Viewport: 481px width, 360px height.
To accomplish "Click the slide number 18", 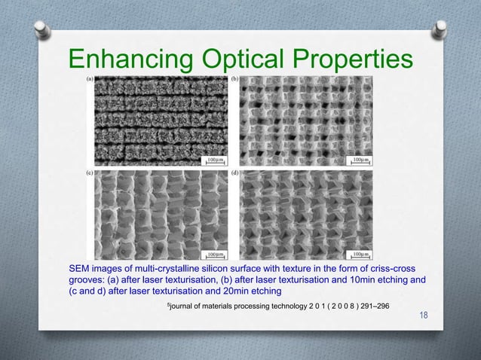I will click(423, 315).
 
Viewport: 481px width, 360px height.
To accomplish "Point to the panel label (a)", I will click(90, 78).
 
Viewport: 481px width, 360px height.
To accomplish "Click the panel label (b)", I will click(235, 78).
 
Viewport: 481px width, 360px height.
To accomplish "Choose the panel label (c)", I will click(90, 172).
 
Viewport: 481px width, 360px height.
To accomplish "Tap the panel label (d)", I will click(235, 172).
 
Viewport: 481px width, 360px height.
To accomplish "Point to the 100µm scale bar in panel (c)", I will click(216, 255).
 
